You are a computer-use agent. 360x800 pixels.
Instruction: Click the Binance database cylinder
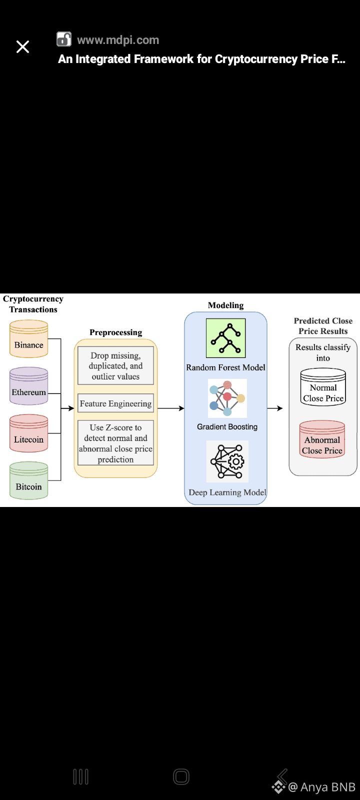point(29,339)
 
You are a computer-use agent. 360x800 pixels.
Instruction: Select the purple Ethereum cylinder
point(29,386)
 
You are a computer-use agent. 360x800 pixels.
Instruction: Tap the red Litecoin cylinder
point(29,433)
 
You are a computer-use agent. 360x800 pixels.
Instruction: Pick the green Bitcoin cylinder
point(29,480)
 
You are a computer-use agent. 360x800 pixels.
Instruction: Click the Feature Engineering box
point(115,403)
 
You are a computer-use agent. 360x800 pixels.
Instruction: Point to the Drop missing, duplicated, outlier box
point(115,366)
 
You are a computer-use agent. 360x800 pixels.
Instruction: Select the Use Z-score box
point(115,443)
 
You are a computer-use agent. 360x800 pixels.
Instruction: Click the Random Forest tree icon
point(226,338)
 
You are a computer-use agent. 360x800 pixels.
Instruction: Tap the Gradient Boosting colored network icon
point(227,398)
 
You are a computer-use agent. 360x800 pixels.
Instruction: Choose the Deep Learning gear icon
point(227,461)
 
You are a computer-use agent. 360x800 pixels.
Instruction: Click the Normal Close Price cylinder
point(323,387)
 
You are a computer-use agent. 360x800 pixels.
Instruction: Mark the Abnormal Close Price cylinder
point(322,439)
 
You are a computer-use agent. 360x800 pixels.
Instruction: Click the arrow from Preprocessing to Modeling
point(171,408)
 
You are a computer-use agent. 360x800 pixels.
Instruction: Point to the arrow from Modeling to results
point(275,408)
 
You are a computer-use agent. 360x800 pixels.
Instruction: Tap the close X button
point(23,47)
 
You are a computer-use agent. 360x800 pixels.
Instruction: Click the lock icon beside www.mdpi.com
point(64,39)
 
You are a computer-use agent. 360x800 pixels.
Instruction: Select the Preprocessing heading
point(116,332)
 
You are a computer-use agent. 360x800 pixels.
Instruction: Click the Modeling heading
point(226,305)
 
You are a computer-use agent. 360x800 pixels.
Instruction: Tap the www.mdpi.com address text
point(118,40)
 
